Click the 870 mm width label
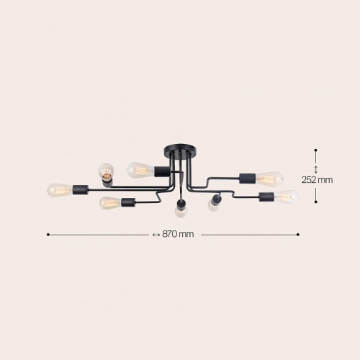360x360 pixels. [x=178, y=234]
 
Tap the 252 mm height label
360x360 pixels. [x=317, y=179]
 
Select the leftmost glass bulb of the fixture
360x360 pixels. [x=60, y=190]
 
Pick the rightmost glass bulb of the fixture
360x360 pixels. [x=287, y=197]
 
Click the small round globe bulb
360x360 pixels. [x=106, y=172]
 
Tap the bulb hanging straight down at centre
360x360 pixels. [x=180, y=212]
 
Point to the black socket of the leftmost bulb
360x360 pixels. [x=81, y=189]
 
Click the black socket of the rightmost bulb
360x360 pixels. [x=267, y=197]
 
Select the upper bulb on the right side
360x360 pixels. [x=270, y=179]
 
